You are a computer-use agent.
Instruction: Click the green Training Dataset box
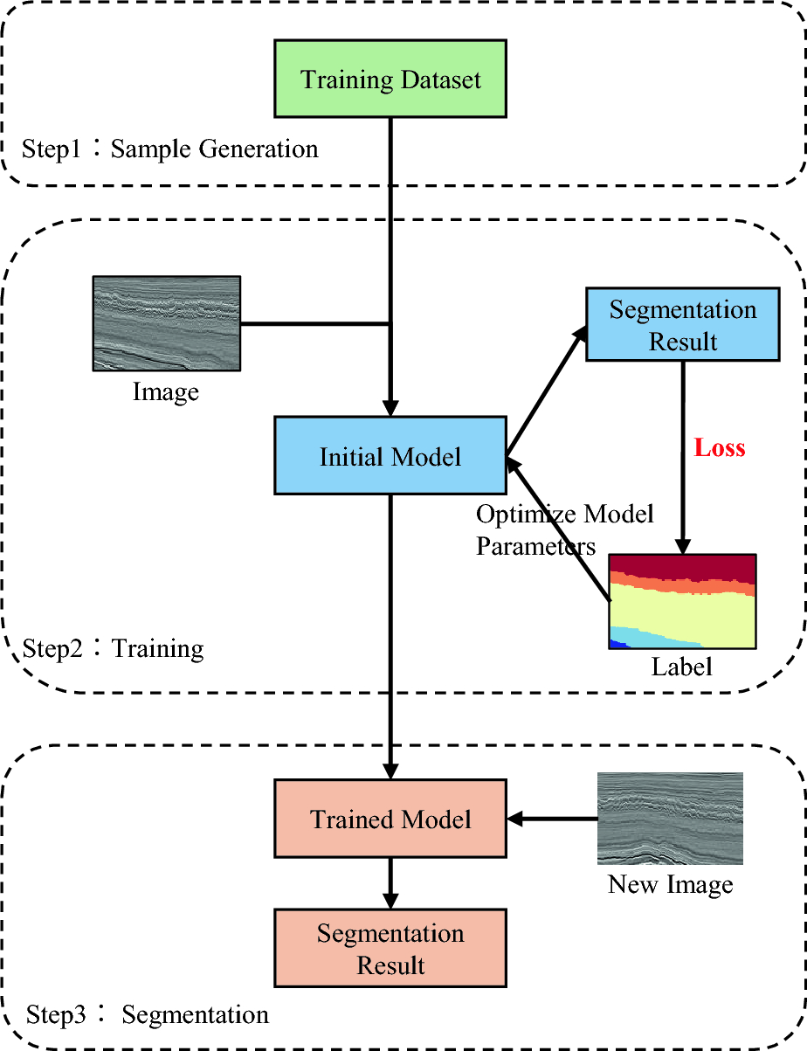(x=390, y=80)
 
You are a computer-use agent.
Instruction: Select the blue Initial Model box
(x=390, y=457)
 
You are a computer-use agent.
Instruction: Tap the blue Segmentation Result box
(x=682, y=326)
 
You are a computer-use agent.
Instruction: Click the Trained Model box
(x=390, y=819)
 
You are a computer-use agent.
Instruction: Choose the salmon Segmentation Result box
(x=390, y=949)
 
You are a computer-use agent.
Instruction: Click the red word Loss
(x=720, y=448)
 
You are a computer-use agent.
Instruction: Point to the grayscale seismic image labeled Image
(x=166, y=323)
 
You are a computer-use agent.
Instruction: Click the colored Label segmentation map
(x=682, y=601)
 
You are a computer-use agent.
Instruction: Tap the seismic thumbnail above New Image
(x=670, y=818)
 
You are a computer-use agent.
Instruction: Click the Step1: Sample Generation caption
(x=170, y=149)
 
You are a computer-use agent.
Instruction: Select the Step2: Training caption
(x=114, y=648)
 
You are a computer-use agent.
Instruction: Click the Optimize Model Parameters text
(x=564, y=529)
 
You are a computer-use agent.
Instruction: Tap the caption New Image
(x=670, y=885)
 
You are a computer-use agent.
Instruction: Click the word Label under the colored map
(x=682, y=667)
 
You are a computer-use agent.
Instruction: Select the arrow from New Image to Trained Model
(x=552, y=819)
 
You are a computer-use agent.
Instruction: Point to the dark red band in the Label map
(x=682, y=566)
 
